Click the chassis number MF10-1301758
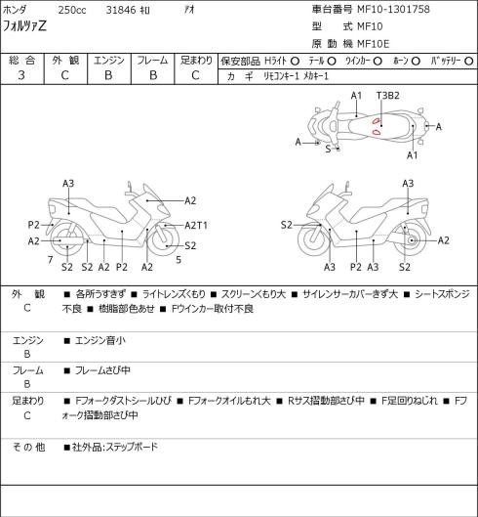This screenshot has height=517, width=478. pos(393,9)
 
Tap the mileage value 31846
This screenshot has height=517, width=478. pos(121,10)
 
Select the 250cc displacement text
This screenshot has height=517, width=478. pos(72,10)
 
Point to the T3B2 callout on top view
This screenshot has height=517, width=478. pos(388,96)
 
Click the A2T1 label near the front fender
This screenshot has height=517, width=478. pos(196,226)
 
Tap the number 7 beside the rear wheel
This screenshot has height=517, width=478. pos(50,260)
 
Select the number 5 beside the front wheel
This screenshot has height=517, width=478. pos(179,260)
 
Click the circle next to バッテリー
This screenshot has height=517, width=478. pos(469,61)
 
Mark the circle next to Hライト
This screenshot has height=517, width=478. pos(295,61)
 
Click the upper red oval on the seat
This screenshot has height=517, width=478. pos(376,121)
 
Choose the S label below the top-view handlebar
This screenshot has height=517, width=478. pos(328,149)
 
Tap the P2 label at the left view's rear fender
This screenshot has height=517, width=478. pos(33,225)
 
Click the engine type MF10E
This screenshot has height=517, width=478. pos(374,44)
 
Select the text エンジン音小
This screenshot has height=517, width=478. pos(100,340)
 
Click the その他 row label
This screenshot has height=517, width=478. pos(28,447)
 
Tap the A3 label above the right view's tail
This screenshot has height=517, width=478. pos(408,184)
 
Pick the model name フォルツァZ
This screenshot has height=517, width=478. pos(24,26)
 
